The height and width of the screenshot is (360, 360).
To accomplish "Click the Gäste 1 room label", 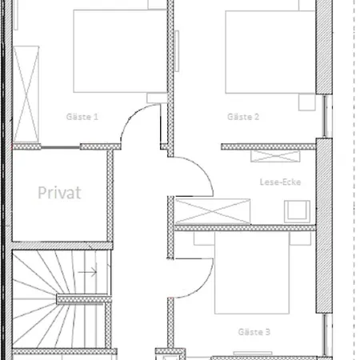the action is click(82, 117).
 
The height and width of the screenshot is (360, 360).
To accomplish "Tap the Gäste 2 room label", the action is click(243, 117).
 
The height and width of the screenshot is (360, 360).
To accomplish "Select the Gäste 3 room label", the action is click(254, 332).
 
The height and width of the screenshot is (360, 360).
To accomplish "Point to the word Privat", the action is click(59, 193).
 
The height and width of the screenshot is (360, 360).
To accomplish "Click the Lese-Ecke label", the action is click(280, 182).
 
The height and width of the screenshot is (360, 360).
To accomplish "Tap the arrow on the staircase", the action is click(87, 272).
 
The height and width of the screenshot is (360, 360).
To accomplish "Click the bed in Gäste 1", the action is click(120, 51).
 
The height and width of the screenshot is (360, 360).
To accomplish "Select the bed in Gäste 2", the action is click(270, 52).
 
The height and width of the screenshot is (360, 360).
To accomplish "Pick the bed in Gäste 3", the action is click(252, 273).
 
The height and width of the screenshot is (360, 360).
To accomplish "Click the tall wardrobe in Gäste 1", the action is click(26, 94).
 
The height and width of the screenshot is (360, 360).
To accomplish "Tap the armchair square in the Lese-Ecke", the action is click(297, 211).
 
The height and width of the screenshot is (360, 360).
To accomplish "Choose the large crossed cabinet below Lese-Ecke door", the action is click(213, 211).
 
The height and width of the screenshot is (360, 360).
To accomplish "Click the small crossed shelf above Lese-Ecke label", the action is click(275, 156).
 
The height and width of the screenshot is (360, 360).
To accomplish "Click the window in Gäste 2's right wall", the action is click(327, 116).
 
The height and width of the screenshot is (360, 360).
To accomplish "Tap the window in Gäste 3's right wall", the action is click(328, 335).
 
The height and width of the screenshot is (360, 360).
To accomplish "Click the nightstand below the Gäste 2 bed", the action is click(307, 102).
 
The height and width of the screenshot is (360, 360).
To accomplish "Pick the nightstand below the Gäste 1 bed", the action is click(157, 98).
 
